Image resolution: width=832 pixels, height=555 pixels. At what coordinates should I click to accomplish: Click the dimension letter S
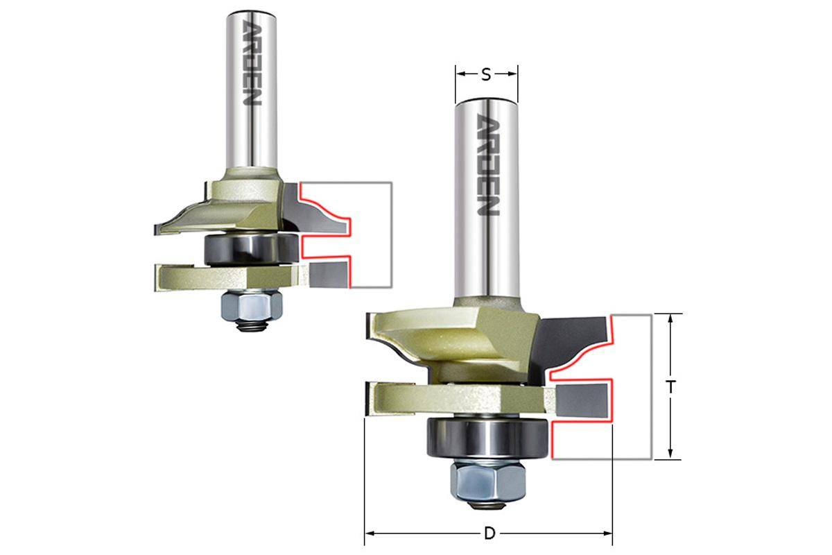486,75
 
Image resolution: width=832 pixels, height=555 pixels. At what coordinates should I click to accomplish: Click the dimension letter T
670,387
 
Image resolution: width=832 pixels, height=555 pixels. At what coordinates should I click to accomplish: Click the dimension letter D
490,533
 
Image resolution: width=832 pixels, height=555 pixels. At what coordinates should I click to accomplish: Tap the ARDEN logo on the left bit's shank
252,62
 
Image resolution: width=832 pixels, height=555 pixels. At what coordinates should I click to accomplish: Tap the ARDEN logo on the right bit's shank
488,164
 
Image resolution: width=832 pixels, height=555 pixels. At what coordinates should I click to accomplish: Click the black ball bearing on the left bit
252,249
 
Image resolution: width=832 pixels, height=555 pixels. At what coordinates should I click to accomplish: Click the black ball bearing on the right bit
487,438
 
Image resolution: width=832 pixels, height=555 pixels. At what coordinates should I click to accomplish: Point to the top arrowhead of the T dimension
670,319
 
